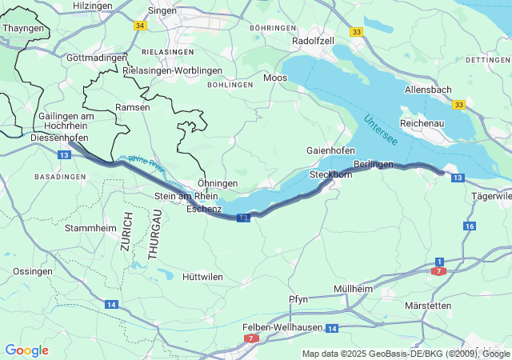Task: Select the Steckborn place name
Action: [330, 174]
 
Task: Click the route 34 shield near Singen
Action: [141, 26]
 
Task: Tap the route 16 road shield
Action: [469, 226]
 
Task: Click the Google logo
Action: [26, 350]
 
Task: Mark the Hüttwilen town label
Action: [202, 277]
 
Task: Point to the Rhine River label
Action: [146, 164]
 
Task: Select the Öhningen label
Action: [218, 183]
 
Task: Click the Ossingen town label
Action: [33, 271]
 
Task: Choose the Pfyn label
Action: [298, 299]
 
